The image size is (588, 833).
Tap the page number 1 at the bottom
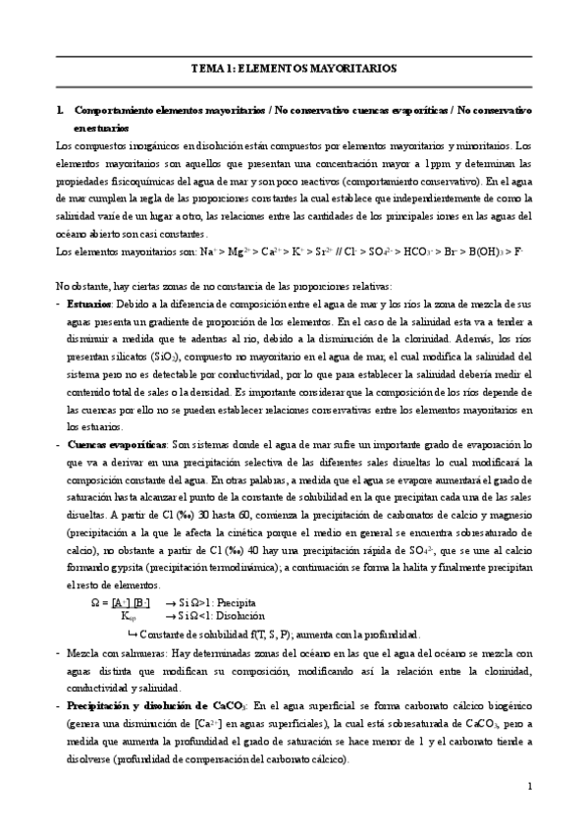529,786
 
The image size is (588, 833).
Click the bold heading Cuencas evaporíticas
117,446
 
